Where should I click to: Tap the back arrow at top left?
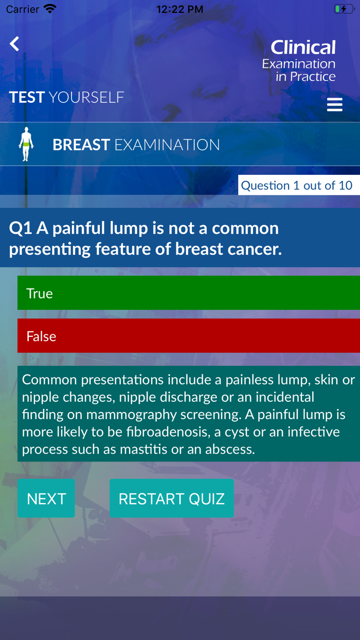point(14,44)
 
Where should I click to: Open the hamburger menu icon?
point(334,104)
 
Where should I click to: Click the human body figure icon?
point(26,144)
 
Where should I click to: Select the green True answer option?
point(188,293)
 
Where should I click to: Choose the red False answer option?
point(188,335)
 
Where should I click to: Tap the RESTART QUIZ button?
point(171,498)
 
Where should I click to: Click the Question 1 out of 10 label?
point(297,185)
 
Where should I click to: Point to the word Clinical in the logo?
point(303,48)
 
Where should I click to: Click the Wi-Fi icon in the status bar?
point(50,9)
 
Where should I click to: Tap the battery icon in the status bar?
point(344,9)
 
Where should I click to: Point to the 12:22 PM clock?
point(179,9)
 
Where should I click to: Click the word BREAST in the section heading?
point(81,145)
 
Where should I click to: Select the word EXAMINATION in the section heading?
point(167,145)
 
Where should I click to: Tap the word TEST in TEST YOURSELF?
point(27,97)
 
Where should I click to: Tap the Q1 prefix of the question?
point(20,228)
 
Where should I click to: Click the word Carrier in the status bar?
point(23,9)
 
